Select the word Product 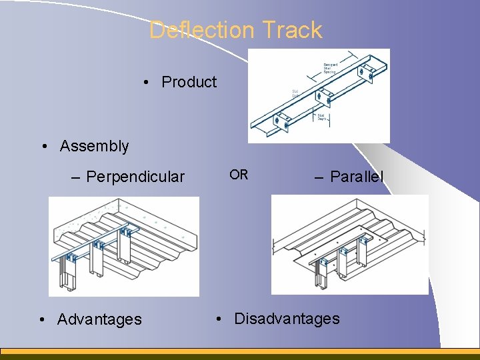[x=189, y=82]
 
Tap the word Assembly [x=94, y=146]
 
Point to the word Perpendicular [x=135, y=177]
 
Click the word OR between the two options [x=239, y=175]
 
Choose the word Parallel [x=357, y=177]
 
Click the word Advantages [x=99, y=319]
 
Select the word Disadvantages [x=287, y=319]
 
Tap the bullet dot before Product [x=145, y=83]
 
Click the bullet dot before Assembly [x=43, y=146]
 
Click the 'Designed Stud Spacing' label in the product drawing [x=330, y=66]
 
